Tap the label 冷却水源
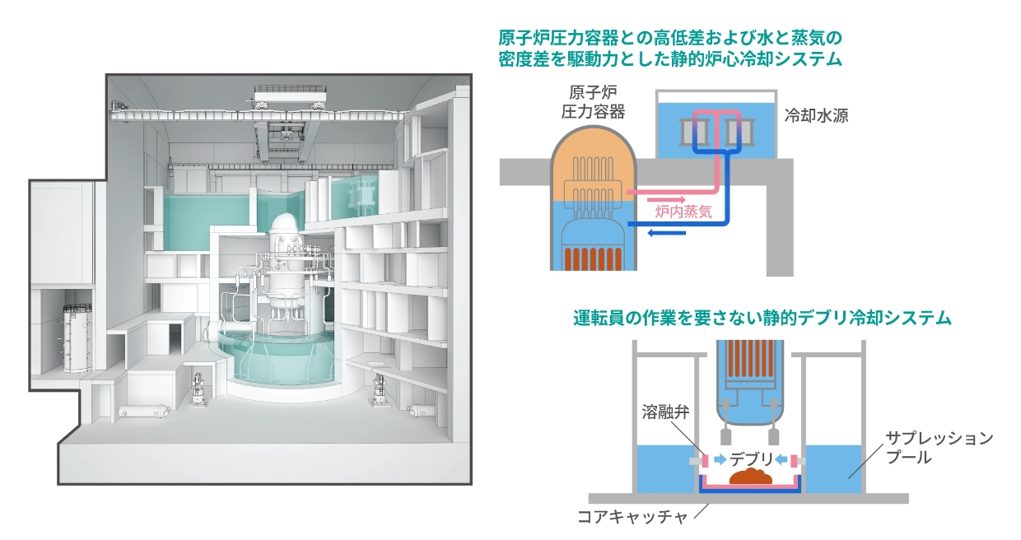pos(816,116)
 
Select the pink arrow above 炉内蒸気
pos(668,198)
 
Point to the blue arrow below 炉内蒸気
pos(666,233)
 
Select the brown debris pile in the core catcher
pos(748,477)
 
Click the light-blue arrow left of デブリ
pos(719,459)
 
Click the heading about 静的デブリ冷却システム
pos(762,318)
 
